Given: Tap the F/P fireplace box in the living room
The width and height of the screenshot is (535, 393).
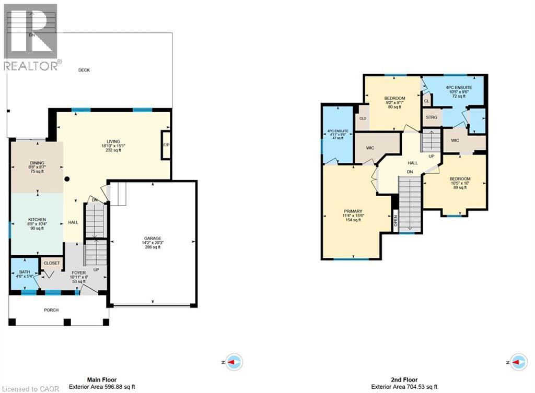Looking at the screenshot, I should click(x=166, y=145).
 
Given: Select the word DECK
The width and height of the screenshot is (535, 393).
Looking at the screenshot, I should click(x=84, y=70).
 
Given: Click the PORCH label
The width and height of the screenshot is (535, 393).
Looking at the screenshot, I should click(x=51, y=310).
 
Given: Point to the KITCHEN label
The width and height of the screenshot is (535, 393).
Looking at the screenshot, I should click(x=37, y=220).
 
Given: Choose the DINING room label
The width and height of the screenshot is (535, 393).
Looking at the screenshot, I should click(x=37, y=163).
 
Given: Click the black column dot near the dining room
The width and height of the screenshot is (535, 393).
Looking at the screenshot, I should click(x=67, y=179).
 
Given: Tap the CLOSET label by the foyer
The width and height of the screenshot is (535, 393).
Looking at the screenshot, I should click(x=52, y=264).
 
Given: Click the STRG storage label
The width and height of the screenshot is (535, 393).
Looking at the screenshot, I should click(x=432, y=117).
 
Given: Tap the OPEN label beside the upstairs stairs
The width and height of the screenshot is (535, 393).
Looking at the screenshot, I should click(x=396, y=222).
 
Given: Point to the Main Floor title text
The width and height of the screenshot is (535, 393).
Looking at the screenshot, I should click(x=101, y=380).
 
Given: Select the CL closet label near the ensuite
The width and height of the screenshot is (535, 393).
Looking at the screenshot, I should click(x=426, y=101).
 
